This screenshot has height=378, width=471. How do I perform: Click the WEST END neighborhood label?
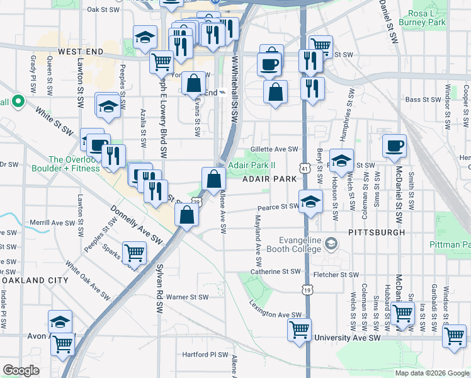coord(80,51)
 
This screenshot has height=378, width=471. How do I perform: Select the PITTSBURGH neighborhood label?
coord(377,232)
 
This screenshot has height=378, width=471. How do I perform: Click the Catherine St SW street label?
coord(275,272)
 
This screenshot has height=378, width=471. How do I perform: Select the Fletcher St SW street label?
coord(336,275)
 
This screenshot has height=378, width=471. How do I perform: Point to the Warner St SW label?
coord(187,297)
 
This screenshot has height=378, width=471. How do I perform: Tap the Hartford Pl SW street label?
coord(205,355)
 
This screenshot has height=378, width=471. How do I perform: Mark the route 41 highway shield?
coord(305,169)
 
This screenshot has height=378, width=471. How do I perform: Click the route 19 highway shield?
coord(307,290)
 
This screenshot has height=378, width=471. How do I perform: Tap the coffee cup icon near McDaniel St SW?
coord(395,146)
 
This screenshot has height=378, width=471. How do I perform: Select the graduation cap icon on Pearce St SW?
coord(310,202)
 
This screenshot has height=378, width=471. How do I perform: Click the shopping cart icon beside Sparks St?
coord(134,253)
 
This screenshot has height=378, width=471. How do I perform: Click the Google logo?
coord(21,370)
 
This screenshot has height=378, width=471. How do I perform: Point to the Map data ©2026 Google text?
coord(432,373)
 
